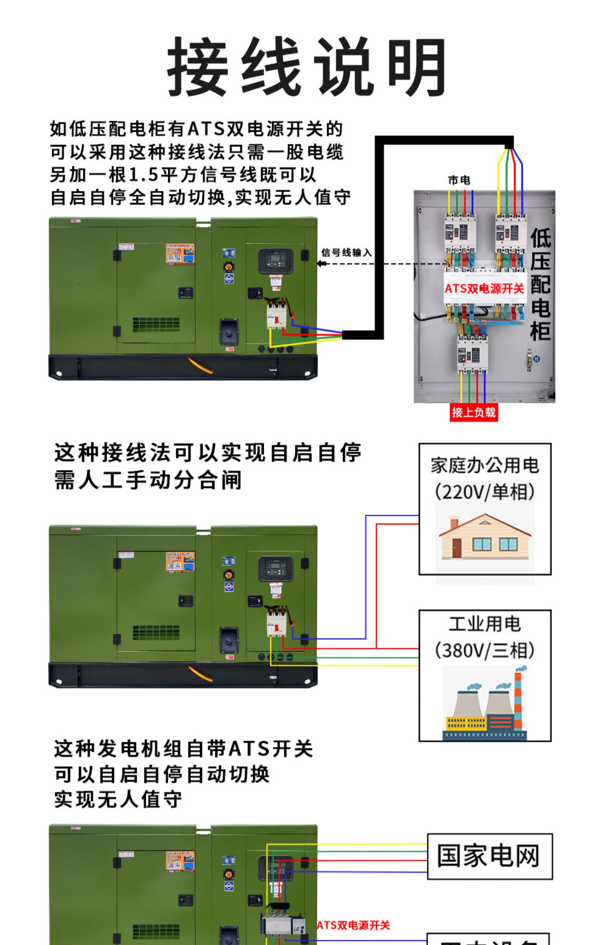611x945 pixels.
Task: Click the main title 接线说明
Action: [306, 67]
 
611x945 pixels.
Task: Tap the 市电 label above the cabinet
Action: [459, 180]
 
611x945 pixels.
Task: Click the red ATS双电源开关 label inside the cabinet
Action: [484, 289]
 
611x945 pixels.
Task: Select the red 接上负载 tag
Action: [473, 412]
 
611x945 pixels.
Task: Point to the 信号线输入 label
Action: [347, 253]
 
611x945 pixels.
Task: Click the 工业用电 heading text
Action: [484, 624]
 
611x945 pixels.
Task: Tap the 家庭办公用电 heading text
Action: [485, 466]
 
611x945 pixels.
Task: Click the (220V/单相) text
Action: [484, 492]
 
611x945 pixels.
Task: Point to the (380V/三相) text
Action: [484, 650]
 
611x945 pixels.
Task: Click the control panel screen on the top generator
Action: [275, 260]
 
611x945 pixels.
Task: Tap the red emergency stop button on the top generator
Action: [229, 267]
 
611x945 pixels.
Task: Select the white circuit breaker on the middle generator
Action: [277, 623]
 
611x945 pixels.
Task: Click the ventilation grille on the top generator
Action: [156, 324]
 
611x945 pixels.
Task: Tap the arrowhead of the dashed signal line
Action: [321, 263]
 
